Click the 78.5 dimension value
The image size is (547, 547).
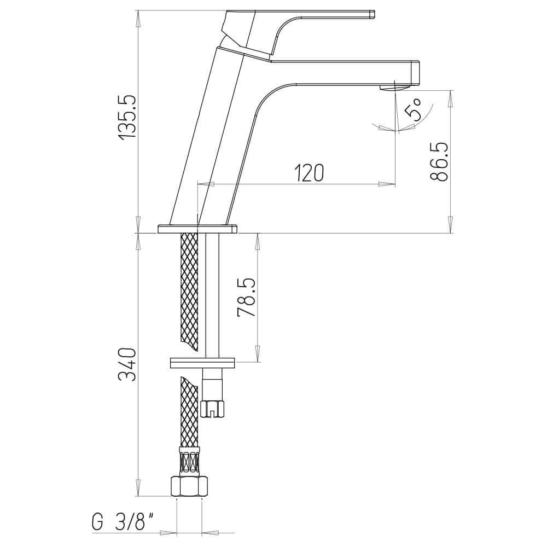click(x=246, y=298)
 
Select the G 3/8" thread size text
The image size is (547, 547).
click(x=121, y=523)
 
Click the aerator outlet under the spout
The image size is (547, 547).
click(x=395, y=88)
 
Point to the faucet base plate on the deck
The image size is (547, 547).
click(x=198, y=229)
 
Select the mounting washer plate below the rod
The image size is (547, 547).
click(x=202, y=362)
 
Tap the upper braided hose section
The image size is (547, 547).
click(x=189, y=290)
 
